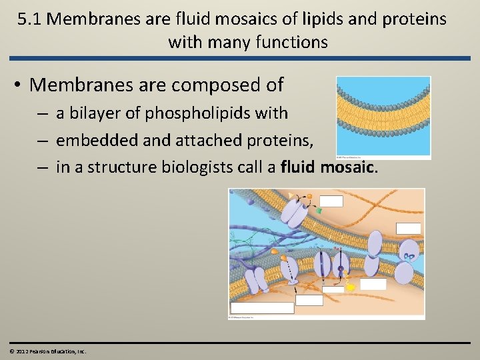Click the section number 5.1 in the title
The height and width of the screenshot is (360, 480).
[x=30, y=19]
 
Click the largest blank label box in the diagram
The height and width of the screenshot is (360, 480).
[x=262, y=308]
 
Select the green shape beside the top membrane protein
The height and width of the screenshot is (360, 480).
[x=318, y=211]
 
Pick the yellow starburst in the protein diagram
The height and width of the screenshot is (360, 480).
[x=351, y=287]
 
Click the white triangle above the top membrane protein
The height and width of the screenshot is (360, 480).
[x=290, y=195]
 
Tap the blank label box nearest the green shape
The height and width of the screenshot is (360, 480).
[x=331, y=201]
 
